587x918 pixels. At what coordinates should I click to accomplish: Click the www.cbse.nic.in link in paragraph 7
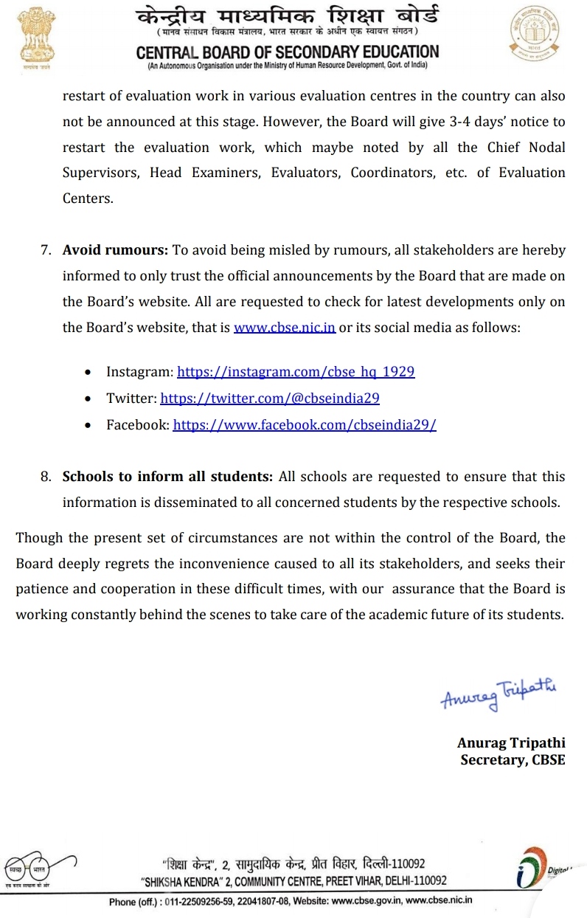point(285,327)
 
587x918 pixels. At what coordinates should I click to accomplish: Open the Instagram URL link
point(296,371)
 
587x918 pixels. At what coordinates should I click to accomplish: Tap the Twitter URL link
point(270,398)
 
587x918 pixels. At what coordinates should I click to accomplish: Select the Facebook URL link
point(305,425)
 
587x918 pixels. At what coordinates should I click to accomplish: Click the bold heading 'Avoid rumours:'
point(116,249)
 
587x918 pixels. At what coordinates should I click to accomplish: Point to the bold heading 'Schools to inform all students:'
point(167,477)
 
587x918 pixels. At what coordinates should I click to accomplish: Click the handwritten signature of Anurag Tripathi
point(499,694)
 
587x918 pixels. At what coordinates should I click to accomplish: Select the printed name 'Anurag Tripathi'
point(511,742)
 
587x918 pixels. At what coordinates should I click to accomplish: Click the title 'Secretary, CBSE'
point(513,759)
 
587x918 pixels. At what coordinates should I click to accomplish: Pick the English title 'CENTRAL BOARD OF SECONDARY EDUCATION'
point(288,52)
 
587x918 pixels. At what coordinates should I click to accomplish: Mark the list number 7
point(46,250)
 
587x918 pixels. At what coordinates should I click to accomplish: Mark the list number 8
point(46,477)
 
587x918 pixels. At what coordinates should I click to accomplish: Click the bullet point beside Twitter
point(88,399)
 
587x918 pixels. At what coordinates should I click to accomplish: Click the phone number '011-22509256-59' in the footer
point(206,901)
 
